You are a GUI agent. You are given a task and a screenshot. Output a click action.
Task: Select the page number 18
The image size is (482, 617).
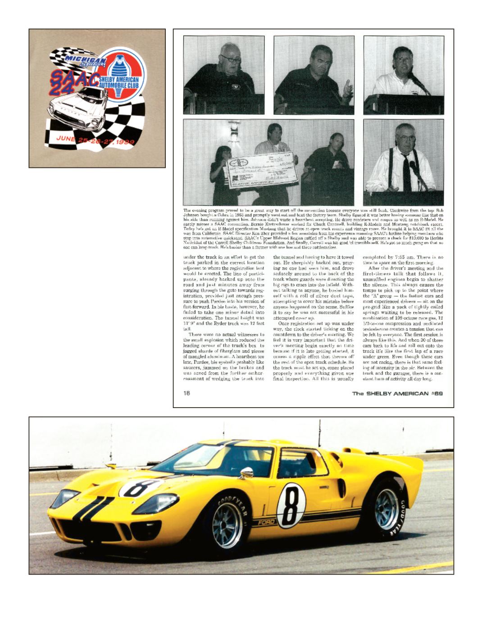point(186,393)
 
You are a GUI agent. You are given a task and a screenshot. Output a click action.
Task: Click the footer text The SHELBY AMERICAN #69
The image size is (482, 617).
point(397,393)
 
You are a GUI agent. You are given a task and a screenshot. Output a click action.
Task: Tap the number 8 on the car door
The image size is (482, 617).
point(291,505)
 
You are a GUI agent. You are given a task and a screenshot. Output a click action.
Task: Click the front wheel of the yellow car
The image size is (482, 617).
point(228,525)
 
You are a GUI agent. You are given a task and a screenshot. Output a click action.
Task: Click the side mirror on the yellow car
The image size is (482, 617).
point(246,472)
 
